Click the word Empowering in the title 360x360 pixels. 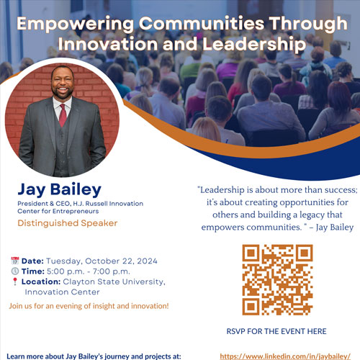[75, 24]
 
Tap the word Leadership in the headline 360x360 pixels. [254, 45]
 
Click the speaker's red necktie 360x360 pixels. [63, 115]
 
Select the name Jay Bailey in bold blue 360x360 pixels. [60, 189]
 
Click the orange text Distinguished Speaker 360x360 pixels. [68, 223]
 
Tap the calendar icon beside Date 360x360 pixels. [15, 261]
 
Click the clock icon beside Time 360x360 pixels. [15, 271]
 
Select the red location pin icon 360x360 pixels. [15, 282]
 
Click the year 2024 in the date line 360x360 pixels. [147, 261]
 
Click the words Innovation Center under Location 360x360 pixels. [62, 292]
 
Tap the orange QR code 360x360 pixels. [277, 280]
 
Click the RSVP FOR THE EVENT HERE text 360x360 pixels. [276, 331]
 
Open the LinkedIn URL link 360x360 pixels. [285, 356]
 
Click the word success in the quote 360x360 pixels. [341, 190]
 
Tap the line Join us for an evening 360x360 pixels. [89, 306]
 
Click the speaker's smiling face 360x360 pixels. [63, 83]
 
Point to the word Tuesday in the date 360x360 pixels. [64, 261]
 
